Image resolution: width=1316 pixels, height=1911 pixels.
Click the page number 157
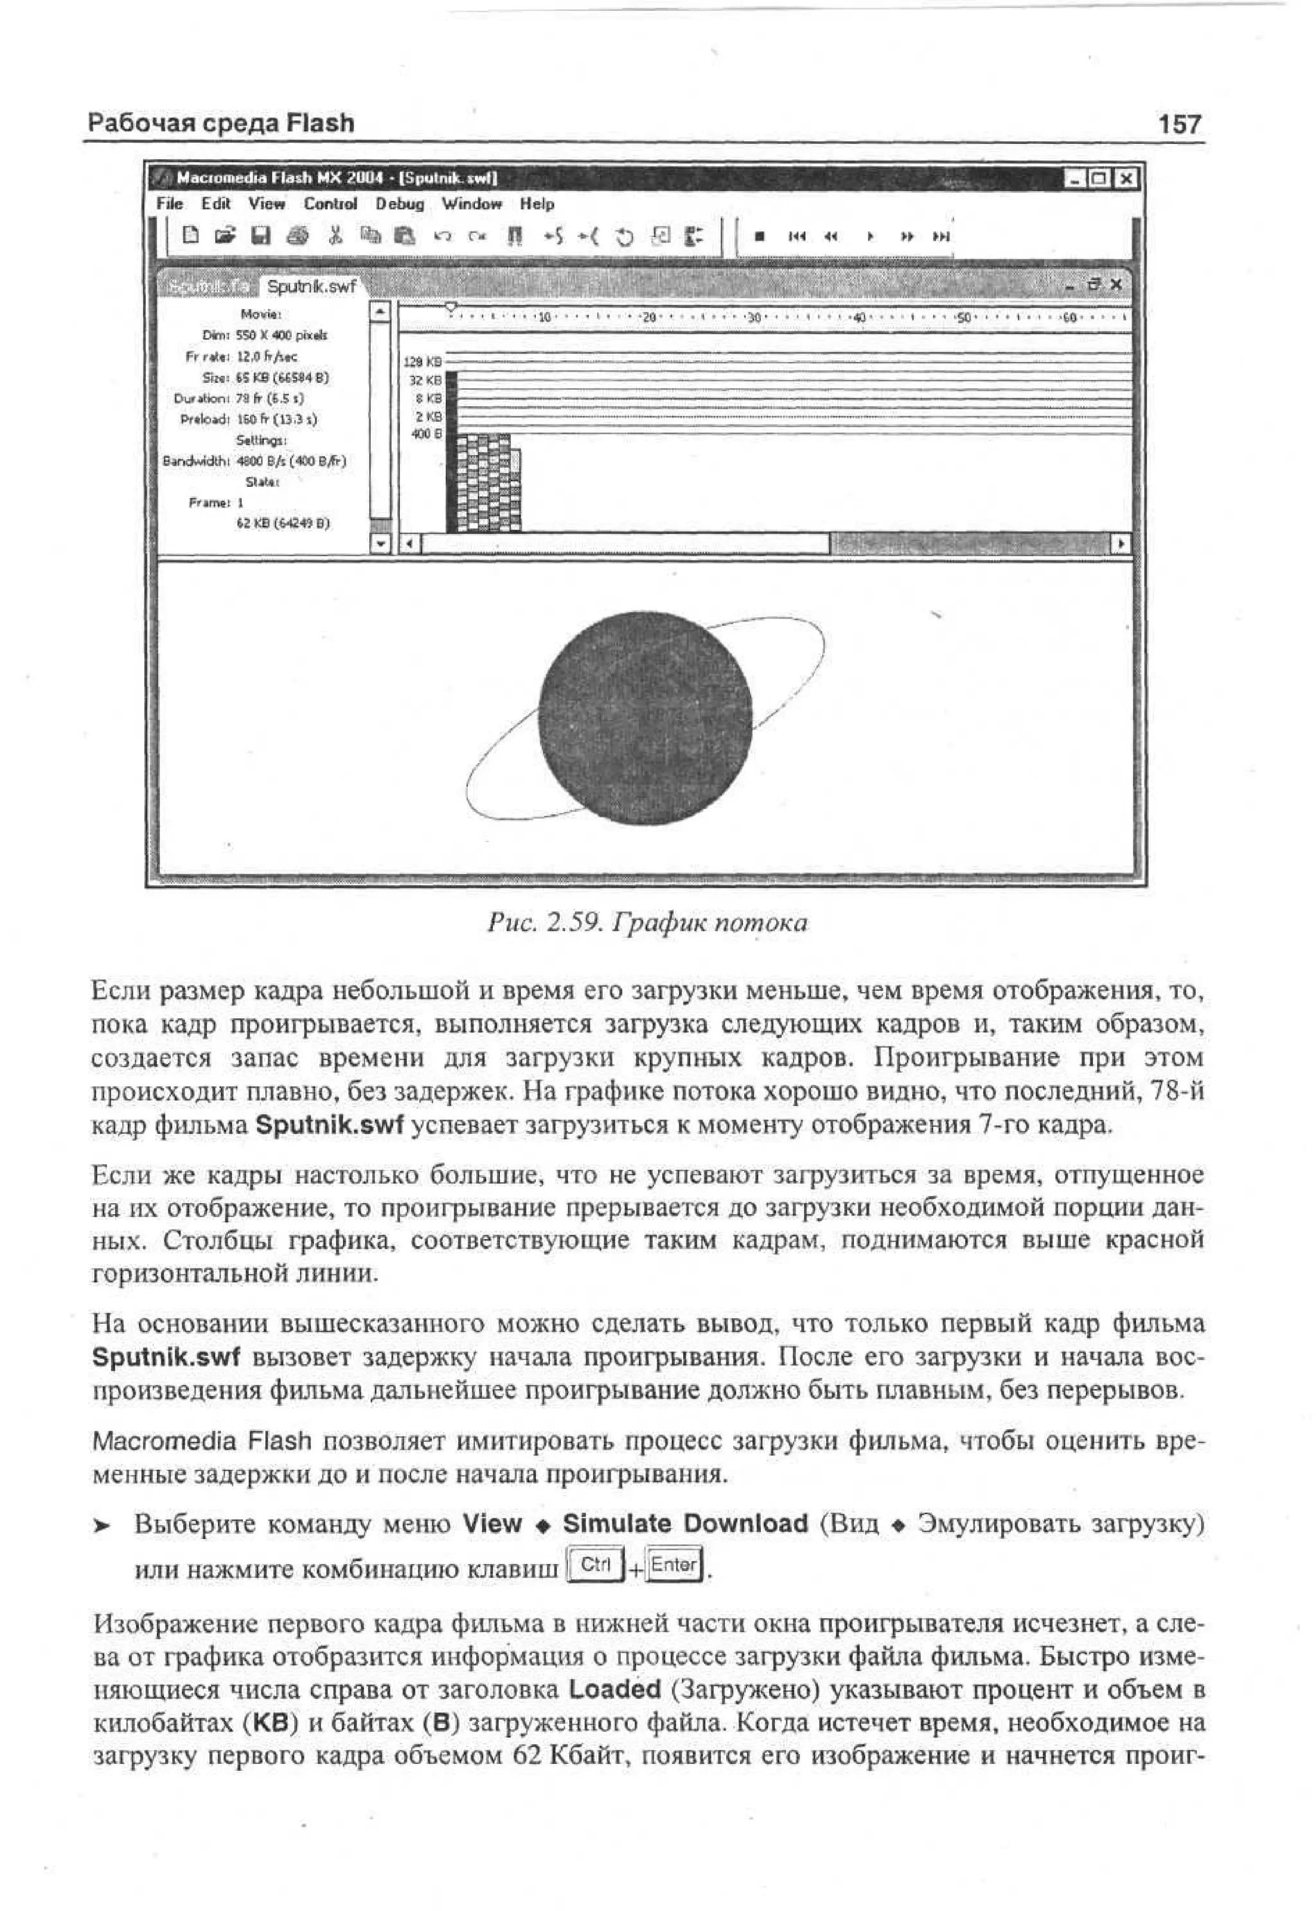[x=1180, y=125]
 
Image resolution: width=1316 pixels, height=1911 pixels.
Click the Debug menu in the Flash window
[x=400, y=204]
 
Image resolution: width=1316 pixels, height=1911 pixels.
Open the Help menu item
[x=536, y=204]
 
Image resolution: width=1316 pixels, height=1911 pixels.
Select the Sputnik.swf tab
[x=311, y=286]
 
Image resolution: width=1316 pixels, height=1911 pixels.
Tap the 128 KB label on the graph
[x=423, y=362]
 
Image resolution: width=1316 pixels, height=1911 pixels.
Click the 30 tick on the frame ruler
[x=753, y=317]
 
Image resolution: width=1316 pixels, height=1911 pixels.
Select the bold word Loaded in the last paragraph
[x=614, y=1689]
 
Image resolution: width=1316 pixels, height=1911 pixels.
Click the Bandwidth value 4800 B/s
[x=291, y=461]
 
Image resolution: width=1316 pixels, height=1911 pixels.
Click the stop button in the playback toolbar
[x=759, y=236]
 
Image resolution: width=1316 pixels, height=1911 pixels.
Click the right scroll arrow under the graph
[x=1121, y=544]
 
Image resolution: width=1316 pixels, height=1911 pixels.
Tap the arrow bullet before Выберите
[x=102, y=1526]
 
